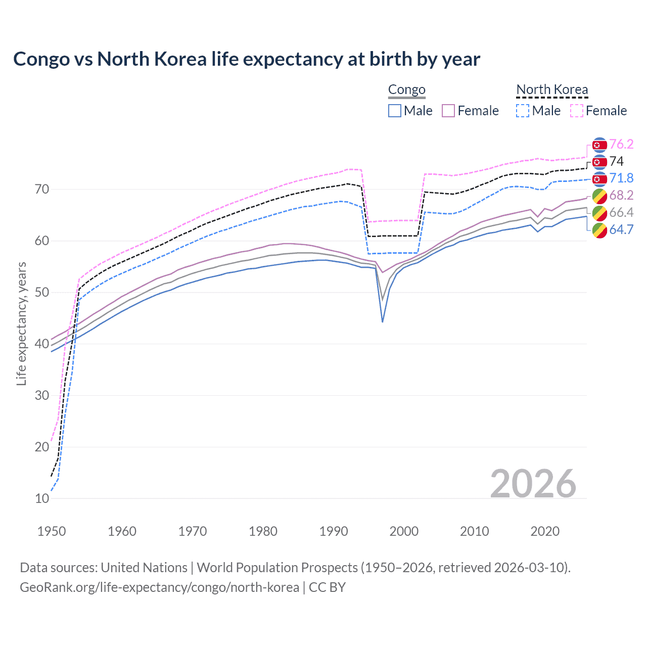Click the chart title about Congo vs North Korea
247,59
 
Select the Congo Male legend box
395,111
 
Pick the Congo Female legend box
448,111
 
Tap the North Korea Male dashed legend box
523,111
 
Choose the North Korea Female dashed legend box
577,111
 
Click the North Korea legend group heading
552,90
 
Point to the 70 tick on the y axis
42,190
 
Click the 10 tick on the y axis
42,498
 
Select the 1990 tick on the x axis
334,531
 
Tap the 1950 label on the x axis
52,531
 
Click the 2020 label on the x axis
545,531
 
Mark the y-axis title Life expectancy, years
21,323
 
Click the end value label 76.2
621,145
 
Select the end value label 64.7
621,229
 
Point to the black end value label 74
617,162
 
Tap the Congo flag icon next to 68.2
599,196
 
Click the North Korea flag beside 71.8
599,178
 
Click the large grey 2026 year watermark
533,484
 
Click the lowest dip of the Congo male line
383,321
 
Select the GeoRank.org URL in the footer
159,587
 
